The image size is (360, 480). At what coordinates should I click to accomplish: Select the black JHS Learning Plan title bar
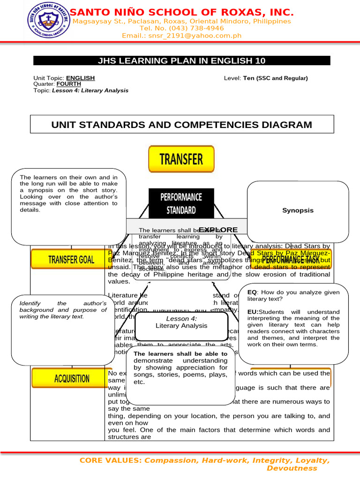pyautogui.click(x=181, y=60)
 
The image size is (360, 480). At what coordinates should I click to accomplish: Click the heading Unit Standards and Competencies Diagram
pyautogui.click(x=181, y=125)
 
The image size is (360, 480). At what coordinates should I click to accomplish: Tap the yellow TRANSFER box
pyautogui.click(x=181, y=159)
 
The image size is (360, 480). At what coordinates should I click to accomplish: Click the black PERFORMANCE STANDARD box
pyautogui.click(x=181, y=203)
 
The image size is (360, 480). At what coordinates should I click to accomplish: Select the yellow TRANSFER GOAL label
pyautogui.click(x=71, y=259)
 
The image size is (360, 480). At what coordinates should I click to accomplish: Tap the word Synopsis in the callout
pyautogui.click(x=298, y=210)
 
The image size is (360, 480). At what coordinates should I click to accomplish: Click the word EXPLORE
pyautogui.click(x=218, y=230)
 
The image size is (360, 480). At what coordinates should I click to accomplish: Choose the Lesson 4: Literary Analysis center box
pyautogui.click(x=181, y=322)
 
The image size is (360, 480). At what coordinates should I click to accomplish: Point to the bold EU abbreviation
pyautogui.click(x=252, y=312)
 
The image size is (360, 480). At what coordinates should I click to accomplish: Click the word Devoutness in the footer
pyautogui.click(x=292, y=468)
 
